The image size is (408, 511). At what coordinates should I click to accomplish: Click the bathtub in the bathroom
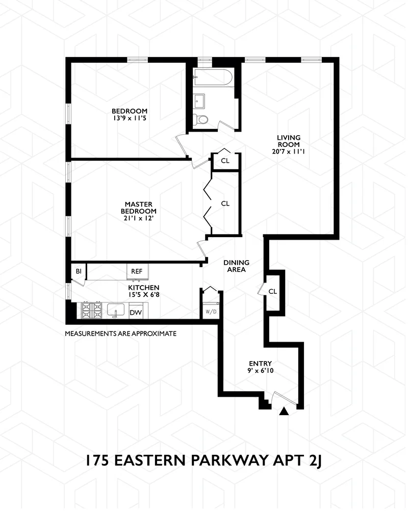click(213, 77)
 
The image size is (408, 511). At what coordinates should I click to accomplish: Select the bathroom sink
click(198, 100)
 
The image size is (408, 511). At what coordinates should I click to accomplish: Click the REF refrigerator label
click(137, 271)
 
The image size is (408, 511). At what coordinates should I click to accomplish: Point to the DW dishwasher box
click(136, 311)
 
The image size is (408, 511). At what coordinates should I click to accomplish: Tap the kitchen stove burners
click(91, 311)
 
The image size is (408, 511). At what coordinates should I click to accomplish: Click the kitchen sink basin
click(116, 310)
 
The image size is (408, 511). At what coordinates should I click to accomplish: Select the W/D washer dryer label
click(211, 312)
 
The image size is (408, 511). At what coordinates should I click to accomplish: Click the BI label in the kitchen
click(79, 271)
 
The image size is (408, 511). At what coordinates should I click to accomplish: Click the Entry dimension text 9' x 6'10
click(261, 371)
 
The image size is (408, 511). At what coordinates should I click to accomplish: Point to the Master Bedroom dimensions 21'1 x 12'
click(139, 218)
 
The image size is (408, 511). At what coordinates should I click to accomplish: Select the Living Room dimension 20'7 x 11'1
click(288, 151)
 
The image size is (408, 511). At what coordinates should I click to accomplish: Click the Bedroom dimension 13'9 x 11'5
click(130, 118)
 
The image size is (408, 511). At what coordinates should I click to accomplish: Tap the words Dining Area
click(237, 266)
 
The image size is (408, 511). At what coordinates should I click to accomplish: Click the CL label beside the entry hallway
click(273, 291)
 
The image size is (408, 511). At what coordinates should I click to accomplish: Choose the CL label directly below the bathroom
click(225, 161)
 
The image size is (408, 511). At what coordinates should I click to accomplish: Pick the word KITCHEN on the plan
click(144, 288)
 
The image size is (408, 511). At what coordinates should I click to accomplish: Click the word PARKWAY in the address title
click(229, 461)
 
